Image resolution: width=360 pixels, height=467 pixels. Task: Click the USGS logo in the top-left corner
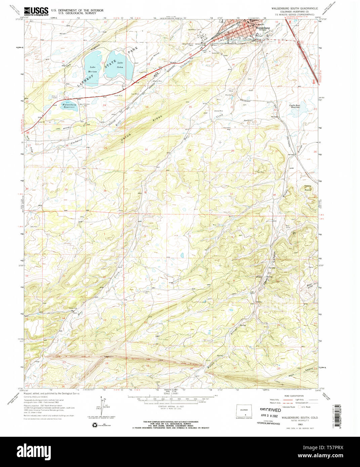pos(36,11)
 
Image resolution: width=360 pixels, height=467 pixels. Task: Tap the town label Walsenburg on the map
pos(263,28)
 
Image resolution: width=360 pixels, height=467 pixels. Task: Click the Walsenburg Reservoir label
pos(69,105)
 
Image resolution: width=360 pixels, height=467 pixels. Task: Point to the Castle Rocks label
pos(308,188)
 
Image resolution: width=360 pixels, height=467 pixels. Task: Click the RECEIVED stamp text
pos(270,410)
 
